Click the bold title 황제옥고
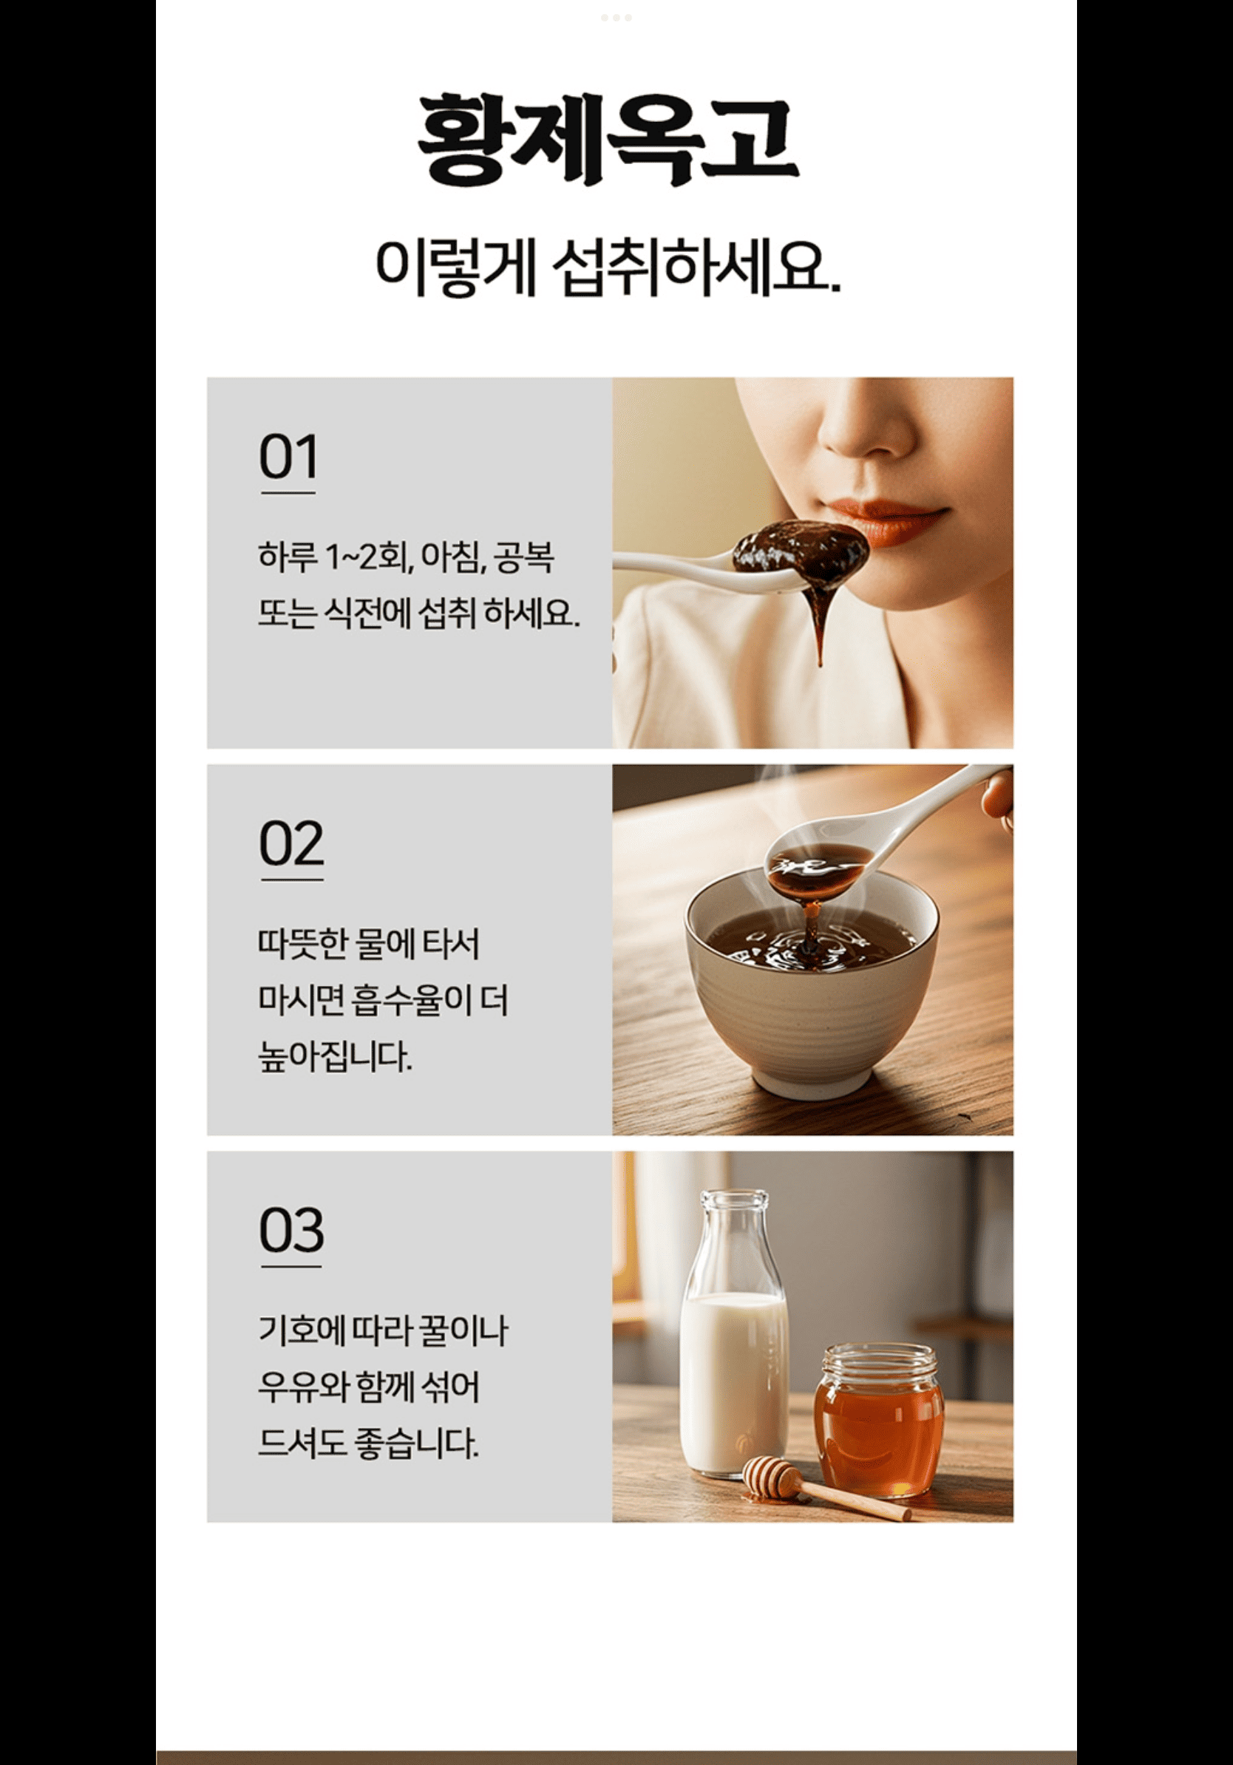click(608, 140)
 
